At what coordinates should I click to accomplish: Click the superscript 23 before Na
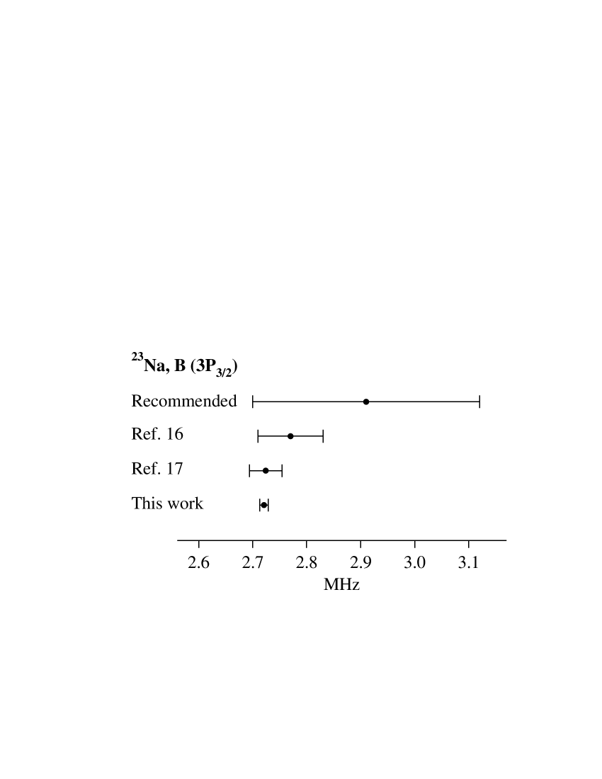coord(137,356)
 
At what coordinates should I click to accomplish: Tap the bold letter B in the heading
coord(180,365)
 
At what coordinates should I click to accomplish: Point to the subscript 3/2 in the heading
coord(224,371)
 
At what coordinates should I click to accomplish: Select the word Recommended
coord(184,402)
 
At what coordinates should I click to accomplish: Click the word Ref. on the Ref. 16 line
coord(144,434)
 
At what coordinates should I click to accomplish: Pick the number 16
coord(174,434)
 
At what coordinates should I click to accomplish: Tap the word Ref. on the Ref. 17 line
coord(144,468)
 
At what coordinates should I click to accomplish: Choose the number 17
coord(174,468)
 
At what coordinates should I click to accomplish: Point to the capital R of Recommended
coord(137,402)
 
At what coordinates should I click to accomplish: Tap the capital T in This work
coord(136,503)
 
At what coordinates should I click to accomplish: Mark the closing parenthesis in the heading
coord(235,366)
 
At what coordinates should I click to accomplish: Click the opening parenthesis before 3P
coord(193,366)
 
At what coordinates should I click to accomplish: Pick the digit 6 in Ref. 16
coord(178,434)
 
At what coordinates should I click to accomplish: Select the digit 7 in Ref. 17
coord(178,468)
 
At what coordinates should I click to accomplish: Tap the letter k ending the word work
coord(199,503)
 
